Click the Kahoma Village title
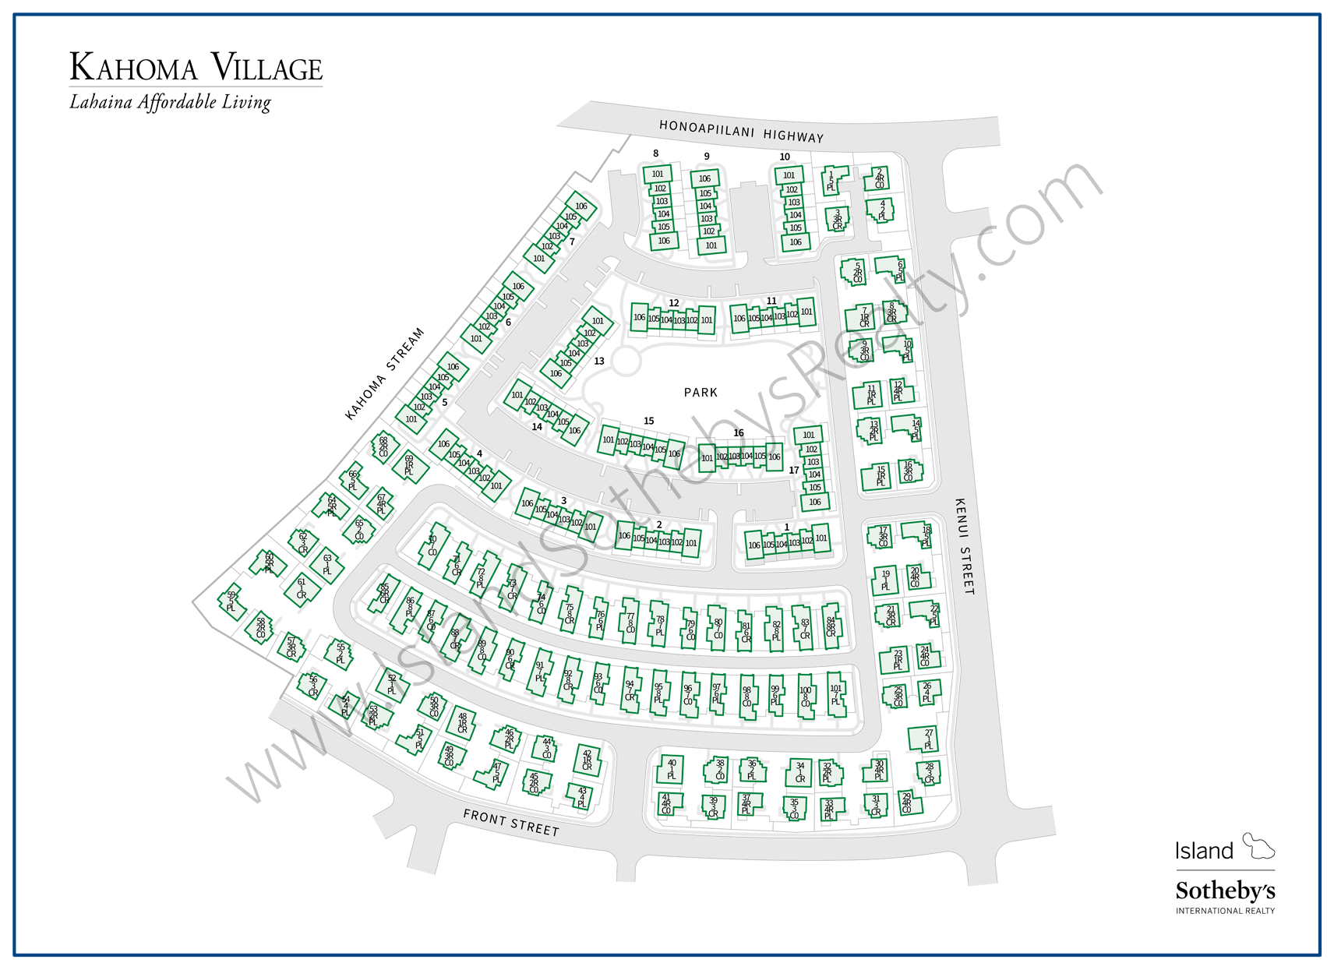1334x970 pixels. click(x=196, y=68)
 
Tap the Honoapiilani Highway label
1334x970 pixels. click(x=741, y=131)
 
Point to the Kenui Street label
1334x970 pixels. click(x=965, y=546)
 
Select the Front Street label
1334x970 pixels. click(x=511, y=822)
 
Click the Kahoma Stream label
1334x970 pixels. click(x=385, y=373)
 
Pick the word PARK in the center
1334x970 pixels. click(x=701, y=393)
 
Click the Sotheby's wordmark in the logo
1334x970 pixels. click(x=1225, y=891)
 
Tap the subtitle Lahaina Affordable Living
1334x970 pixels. click(x=170, y=103)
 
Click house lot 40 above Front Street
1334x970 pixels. click(x=671, y=769)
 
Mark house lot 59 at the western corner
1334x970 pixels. click(x=231, y=601)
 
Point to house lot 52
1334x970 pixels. click(x=392, y=685)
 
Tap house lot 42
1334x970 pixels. click(x=587, y=760)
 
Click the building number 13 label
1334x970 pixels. click(x=599, y=362)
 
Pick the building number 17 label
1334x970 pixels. click(x=793, y=471)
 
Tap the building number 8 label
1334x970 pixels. click(x=655, y=153)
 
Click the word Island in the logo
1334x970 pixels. click(x=1204, y=851)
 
